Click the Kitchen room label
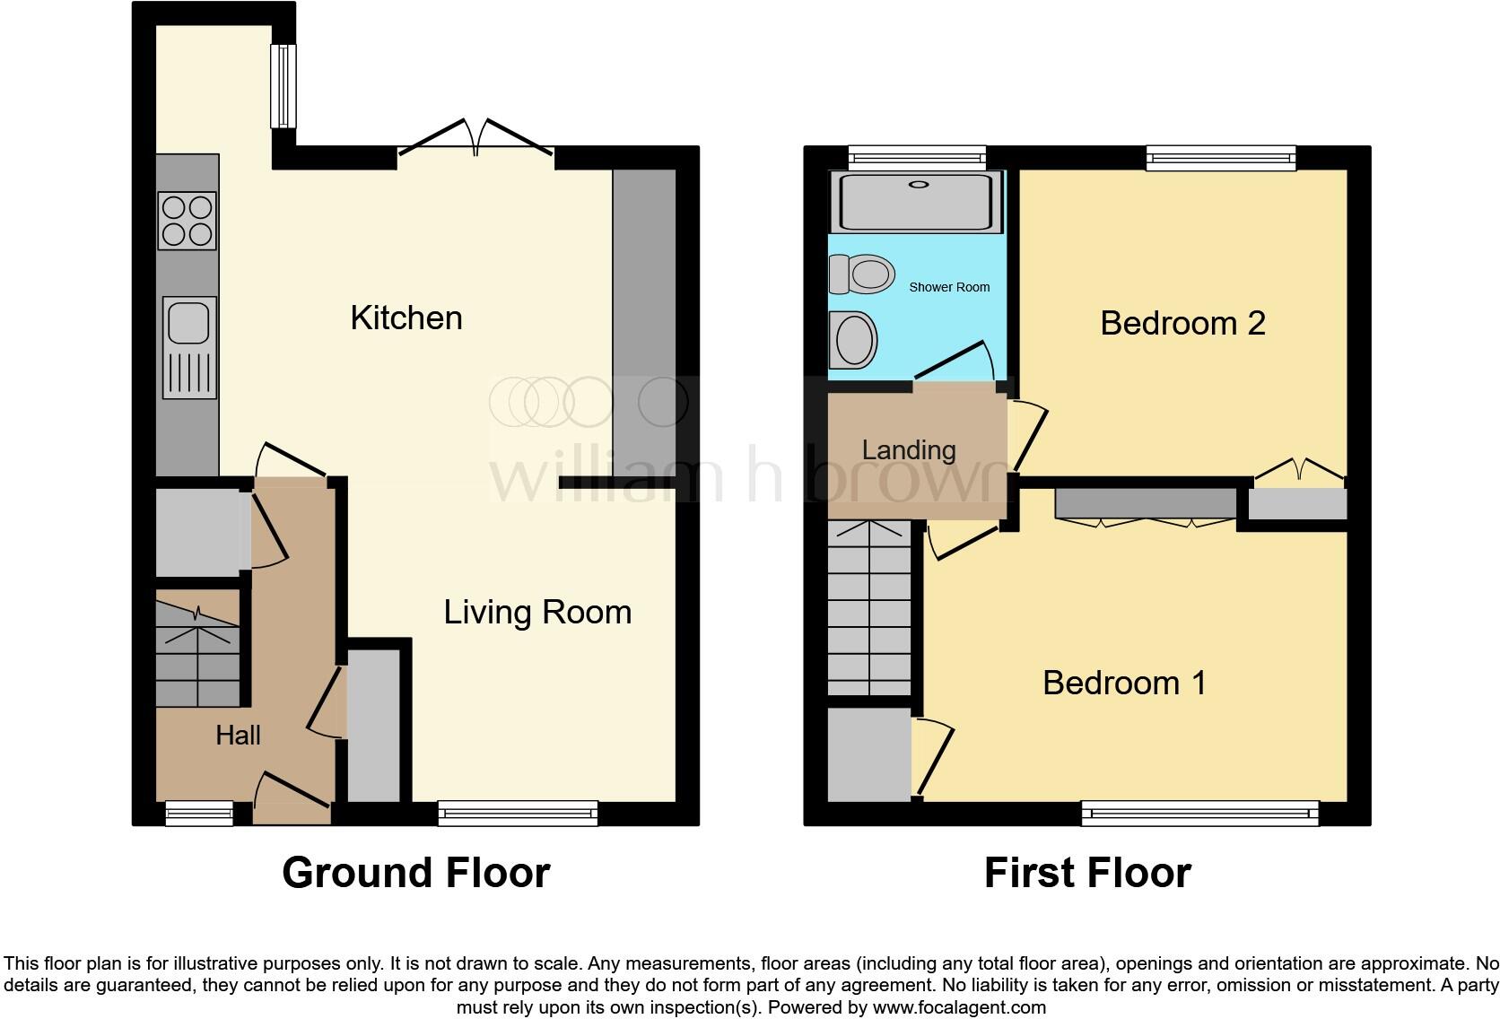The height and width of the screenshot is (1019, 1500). point(406,318)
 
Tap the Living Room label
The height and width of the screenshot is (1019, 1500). point(537,612)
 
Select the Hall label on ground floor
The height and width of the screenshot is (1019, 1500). point(238,736)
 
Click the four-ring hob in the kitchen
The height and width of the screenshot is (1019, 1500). point(187,221)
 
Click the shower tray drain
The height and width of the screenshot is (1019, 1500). point(919,185)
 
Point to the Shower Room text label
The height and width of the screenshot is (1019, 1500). point(949,287)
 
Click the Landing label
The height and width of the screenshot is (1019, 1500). point(909,449)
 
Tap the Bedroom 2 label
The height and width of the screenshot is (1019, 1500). point(1182,323)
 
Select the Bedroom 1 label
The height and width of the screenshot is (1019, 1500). point(1124,683)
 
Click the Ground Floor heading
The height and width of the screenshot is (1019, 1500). point(415,873)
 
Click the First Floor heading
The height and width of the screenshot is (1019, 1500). point(1087,873)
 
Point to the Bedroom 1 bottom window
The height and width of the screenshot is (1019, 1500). point(1200,814)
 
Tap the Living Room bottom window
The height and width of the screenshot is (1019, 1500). point(518,814)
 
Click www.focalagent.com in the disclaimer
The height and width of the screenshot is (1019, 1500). point(959,1007)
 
